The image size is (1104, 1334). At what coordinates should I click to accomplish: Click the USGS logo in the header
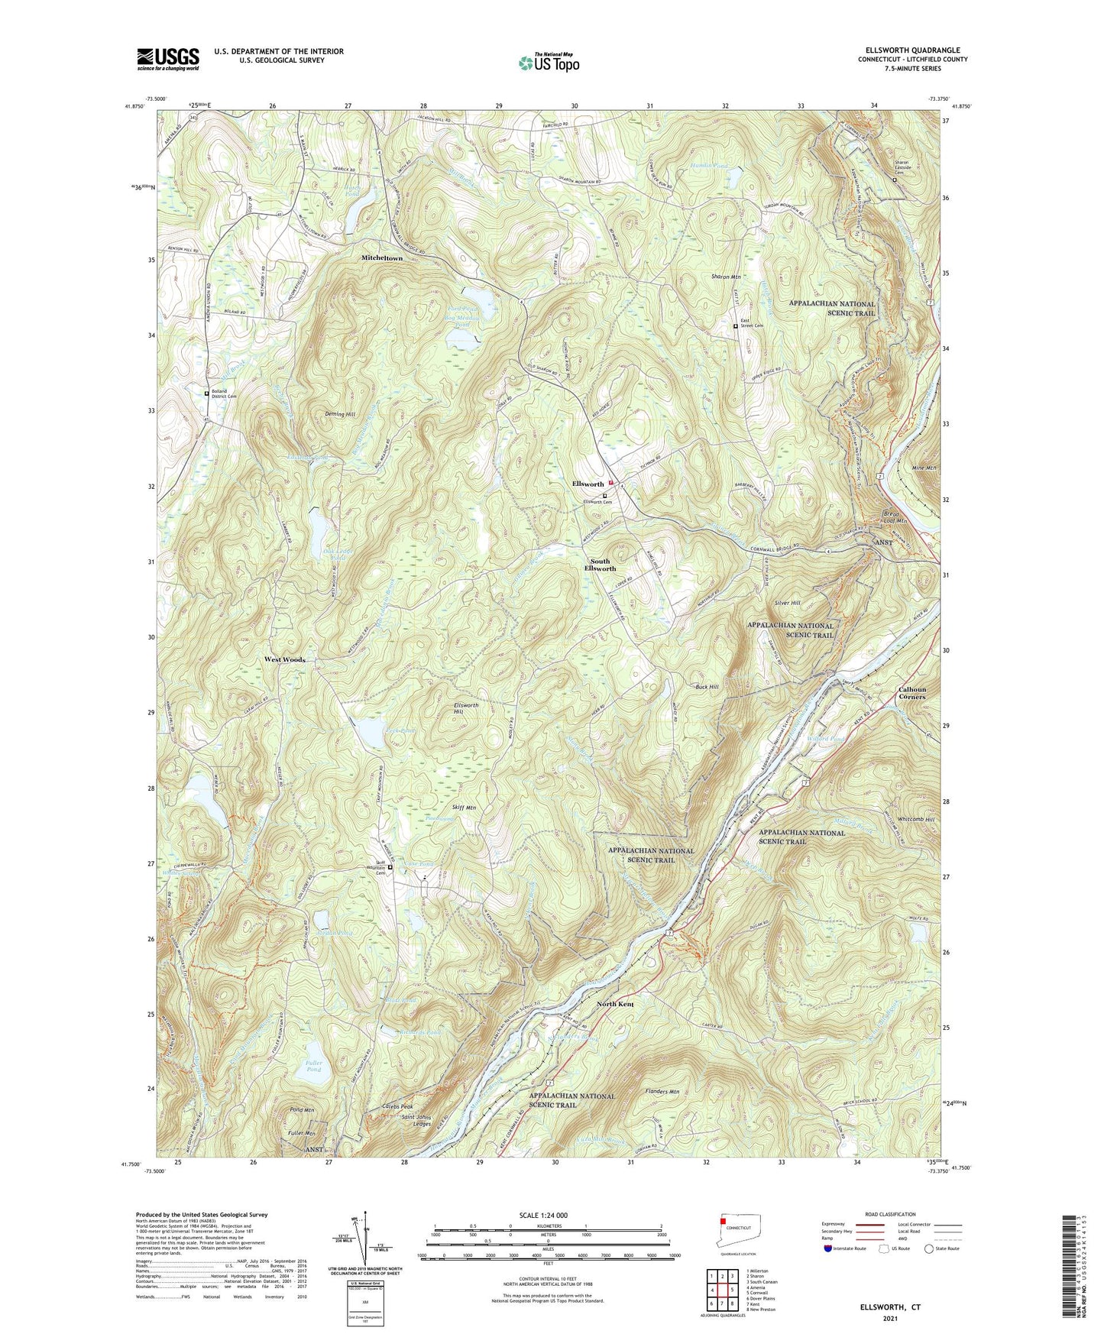coord(167,59)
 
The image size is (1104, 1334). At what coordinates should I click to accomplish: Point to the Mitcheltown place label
coord(381,258)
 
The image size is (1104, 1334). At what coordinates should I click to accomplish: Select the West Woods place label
coord(284,659)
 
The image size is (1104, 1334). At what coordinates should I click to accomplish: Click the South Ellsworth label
coord(600,565)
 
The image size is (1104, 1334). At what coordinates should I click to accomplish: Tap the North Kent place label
coord(615,1004)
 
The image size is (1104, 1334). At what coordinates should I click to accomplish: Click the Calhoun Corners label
coord(911,693)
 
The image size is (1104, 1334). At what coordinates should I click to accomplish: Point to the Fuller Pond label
coord(314,1066)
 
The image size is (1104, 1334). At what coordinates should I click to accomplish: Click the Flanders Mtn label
coord(662,1092)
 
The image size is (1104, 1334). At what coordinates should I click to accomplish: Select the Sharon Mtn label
coord(725,277)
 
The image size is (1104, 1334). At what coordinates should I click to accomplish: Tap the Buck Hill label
coord(707,687)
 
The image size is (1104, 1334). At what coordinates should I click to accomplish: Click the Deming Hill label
coord(340,414)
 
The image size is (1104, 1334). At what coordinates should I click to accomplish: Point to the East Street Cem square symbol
coord(736,326)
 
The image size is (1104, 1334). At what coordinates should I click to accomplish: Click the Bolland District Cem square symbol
coord(206,393)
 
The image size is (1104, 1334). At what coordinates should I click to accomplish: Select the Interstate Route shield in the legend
coord(828,1248)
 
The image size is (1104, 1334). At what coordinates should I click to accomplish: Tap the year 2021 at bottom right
coord(889,1318)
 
